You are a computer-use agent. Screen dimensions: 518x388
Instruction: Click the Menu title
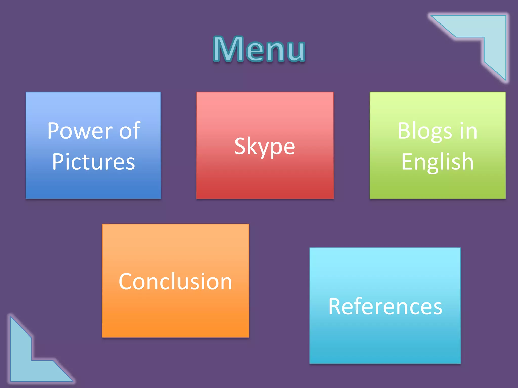pos(259,49)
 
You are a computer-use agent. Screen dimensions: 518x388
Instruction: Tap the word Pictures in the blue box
pos(93,162)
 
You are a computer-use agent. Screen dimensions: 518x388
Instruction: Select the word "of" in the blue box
pos(129,131)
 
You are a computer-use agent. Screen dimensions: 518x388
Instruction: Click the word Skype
pos(265,147)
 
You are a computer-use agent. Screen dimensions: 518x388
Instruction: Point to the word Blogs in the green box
pos(425,131)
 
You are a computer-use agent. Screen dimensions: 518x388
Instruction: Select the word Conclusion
pos(175,281)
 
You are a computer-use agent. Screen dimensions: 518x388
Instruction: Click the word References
pos(385,306)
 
